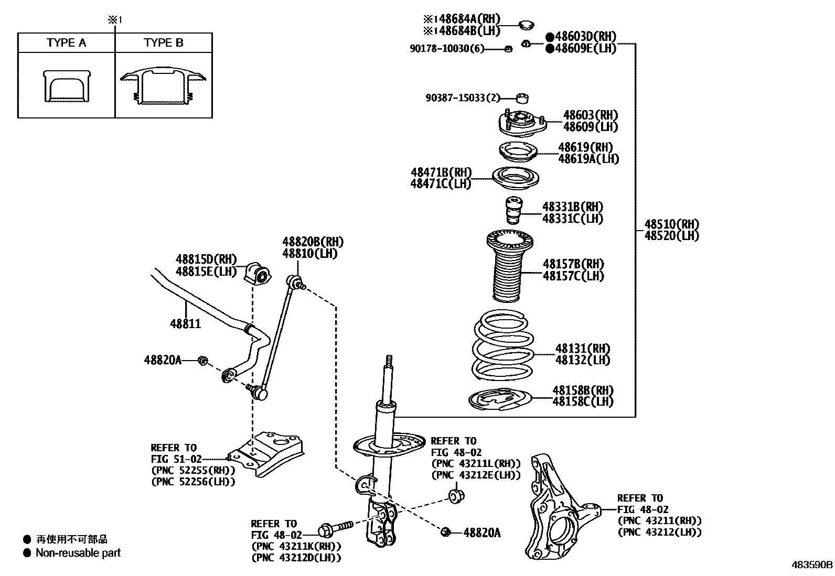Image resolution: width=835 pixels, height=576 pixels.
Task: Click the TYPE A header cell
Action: click(66, 43)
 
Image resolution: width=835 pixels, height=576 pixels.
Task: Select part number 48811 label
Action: click(185, 324)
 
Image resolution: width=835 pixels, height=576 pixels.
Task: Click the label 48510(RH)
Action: click(672, 224)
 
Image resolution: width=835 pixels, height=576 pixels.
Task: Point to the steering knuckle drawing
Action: click(556, 511)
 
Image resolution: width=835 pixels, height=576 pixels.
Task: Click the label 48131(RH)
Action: click(583, 349)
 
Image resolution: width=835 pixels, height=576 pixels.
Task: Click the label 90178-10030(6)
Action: click(446, 49)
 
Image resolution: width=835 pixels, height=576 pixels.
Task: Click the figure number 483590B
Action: click(812, 566)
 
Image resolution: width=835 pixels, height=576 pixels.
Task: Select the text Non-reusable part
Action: click(78, 553)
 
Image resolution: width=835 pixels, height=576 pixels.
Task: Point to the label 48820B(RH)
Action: click(313, 242)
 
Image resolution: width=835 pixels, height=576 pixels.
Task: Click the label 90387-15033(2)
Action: click(463, 97)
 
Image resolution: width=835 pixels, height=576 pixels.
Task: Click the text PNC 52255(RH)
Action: click(193, 471)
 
